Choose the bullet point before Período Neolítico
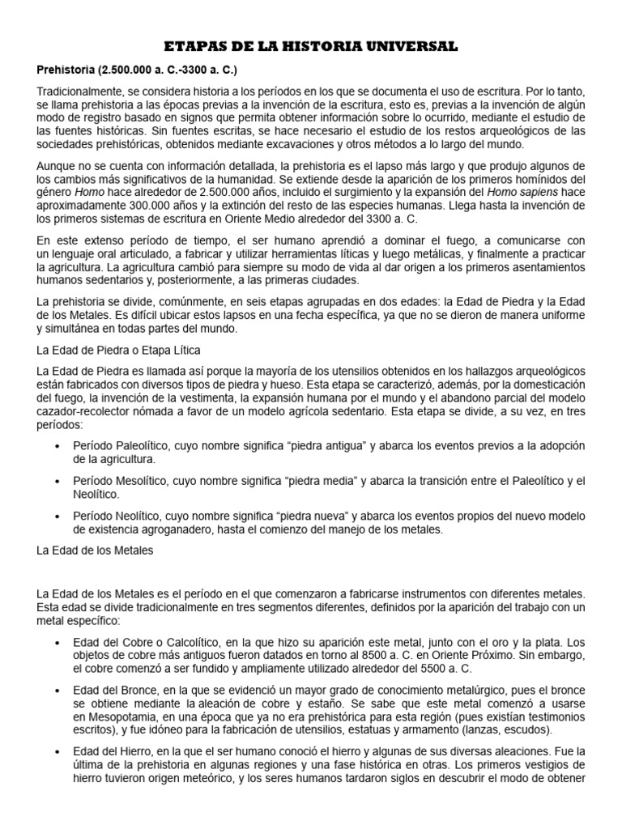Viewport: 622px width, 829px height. click(55, 516)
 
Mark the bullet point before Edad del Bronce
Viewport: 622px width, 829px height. click(55, 691)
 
